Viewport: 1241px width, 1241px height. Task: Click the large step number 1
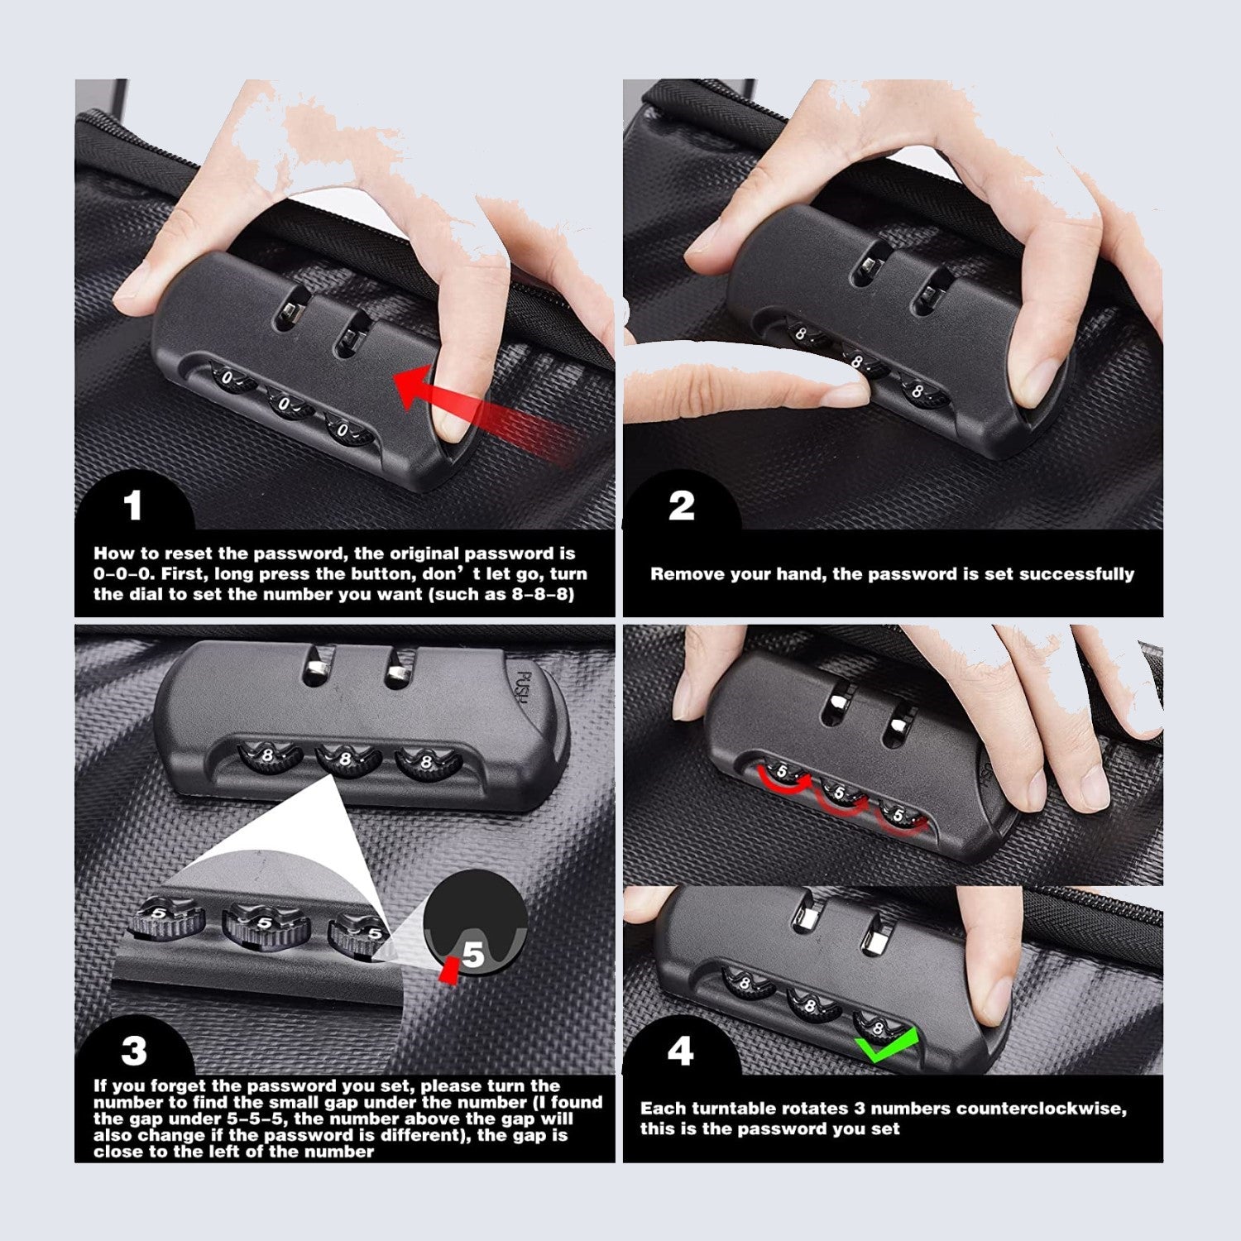click(133, 506)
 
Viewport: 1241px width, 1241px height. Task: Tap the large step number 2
click(681, 506)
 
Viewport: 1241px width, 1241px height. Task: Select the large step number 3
click(134, 1052)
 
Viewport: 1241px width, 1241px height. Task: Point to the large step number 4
click(680, 1052)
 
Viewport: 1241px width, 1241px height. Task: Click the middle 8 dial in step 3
click(346, 759)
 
